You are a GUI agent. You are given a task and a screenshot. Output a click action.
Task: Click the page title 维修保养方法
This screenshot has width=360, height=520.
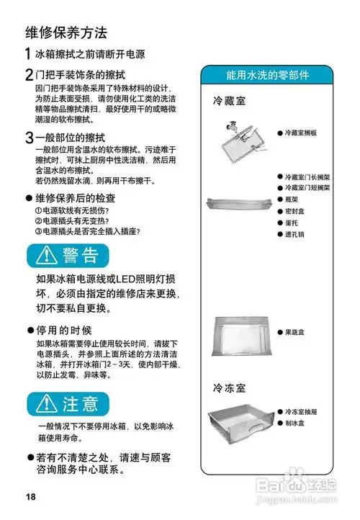[66, 32]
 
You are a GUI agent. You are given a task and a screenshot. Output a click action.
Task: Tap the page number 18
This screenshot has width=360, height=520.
[30, 498]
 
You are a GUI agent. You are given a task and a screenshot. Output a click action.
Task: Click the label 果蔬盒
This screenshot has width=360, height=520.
[298, 331]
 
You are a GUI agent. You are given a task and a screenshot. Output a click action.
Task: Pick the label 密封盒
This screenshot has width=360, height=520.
[298, 211]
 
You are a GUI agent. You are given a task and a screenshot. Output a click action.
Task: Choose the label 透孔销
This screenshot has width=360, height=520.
[298, 234]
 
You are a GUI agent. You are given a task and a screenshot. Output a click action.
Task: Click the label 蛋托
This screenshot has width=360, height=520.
[295, 223]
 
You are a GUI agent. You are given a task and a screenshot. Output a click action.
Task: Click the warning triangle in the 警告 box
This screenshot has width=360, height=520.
[47, 256]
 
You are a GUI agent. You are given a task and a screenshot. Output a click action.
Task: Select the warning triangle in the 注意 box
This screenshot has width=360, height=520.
[47, 402]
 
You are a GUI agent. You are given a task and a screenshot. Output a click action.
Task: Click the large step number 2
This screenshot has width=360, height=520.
[29, 74]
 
